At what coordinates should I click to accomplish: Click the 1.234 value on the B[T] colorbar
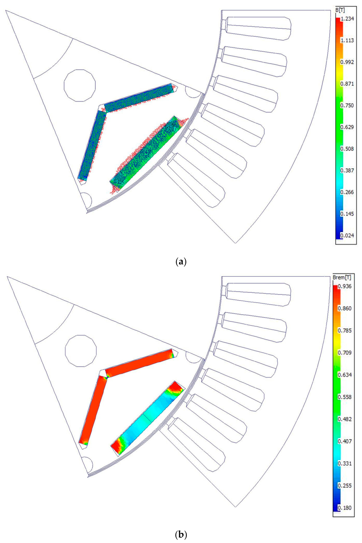tap(347, 19)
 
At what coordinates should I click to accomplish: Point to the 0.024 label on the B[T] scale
tap(347, 235)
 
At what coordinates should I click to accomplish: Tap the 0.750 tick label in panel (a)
tap(347, 105)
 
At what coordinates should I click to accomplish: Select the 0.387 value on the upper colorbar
tap(347, 170)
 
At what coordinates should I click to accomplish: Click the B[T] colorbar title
tap(340, 11)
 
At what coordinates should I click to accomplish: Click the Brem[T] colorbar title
tap(342, 277)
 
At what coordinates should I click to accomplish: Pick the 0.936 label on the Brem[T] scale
tap(344, 286)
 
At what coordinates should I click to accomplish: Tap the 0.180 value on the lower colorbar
tap(344, 508)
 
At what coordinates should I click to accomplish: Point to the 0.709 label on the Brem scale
tap(344, 353)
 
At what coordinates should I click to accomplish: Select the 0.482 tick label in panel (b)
tap(344, 419)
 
